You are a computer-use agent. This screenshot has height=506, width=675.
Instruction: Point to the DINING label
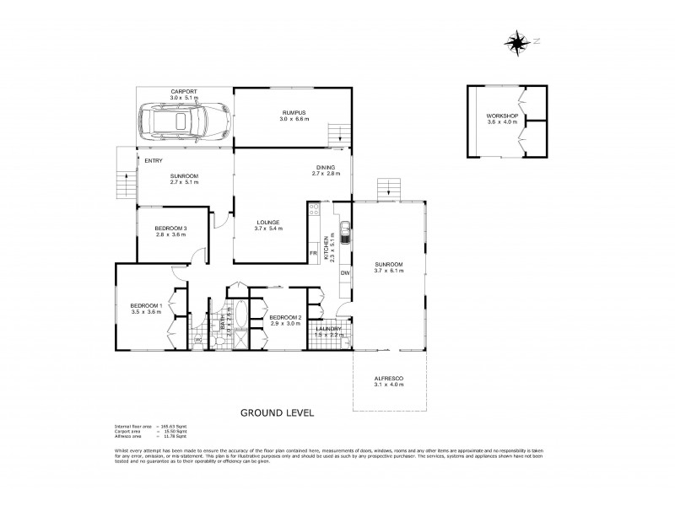[x=326, y=167]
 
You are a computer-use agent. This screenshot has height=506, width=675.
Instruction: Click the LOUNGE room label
[x=267, y=223]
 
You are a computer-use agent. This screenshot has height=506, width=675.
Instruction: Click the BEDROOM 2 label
[x=284, y=318]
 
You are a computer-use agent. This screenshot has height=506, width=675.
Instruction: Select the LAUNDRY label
[x=328, y=329]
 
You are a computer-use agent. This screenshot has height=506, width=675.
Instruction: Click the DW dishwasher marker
[x=344, y=273]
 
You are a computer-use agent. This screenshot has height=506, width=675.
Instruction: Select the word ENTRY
[x=154, y=160]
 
